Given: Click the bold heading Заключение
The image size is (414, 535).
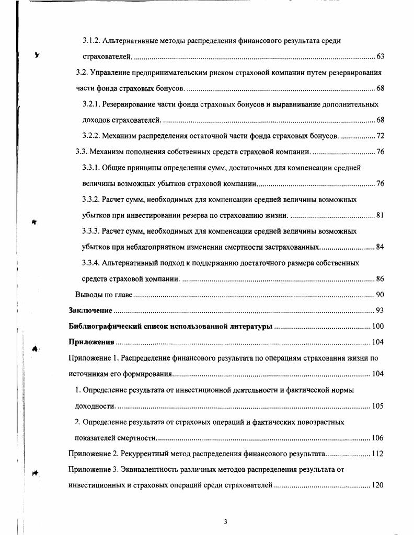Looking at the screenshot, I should [x=90, y=311].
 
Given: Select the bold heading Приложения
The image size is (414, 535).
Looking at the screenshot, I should [x=91, y=342].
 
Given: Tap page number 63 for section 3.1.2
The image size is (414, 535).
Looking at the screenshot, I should [x=380, y=56].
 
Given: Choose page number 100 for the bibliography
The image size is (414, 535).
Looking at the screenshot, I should [x=378, y=327].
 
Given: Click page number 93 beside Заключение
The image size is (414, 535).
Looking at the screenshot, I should [x=380, y=311].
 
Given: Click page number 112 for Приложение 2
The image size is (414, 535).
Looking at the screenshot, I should [x=378, y=453].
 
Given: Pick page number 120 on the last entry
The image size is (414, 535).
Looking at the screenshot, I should [x=378, y=485].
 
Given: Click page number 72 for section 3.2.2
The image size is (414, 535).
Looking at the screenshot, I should [x=380, y=136].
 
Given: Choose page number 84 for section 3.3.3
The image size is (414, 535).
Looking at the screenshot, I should [x=380, y=247].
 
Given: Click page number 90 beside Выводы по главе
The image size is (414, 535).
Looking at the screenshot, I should [x=380, y=295].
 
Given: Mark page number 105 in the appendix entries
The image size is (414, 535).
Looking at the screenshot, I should [x=378, y=406].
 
